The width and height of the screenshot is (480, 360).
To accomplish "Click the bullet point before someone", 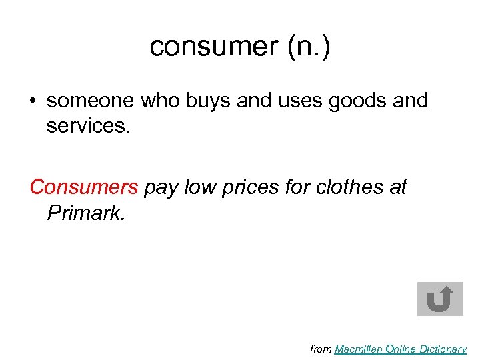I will [33, 101].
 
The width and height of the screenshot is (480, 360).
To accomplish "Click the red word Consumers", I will [84, 187].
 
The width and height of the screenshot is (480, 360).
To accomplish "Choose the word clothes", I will [354, 187].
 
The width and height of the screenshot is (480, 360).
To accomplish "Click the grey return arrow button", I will [440, 299].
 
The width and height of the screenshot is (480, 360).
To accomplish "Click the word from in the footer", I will [321, 349].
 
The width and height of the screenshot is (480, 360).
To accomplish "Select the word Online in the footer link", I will [403, 349].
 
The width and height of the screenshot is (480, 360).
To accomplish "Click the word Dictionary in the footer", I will [445, 349].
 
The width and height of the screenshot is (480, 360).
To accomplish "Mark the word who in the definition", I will [158, 101].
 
